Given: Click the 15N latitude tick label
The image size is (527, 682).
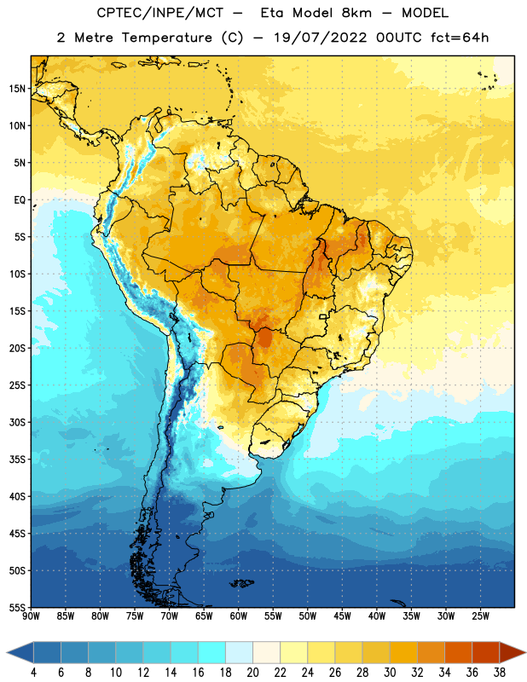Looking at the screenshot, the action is [x=17, y=89].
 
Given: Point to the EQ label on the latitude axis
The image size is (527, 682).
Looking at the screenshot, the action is [x=20, y=200].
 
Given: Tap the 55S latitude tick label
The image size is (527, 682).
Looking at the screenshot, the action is [x=17, y=607].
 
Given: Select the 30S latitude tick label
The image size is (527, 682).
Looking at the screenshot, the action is [x=17, y=422].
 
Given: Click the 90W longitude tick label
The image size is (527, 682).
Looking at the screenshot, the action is [x=31, y=616].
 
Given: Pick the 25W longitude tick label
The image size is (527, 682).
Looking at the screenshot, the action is [x=480, y=616].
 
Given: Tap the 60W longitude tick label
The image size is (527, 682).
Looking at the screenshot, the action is [x=239, y=616].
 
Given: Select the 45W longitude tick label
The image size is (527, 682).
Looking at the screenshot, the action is [x=342, y=616].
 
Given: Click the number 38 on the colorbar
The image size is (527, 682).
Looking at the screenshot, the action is [x=499, y=673].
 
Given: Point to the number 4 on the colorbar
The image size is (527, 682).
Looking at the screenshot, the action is [x=33, y=673].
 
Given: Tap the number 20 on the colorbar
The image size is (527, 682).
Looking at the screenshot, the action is [x=252, y=673].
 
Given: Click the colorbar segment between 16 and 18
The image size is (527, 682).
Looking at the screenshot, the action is [x=212, y=653].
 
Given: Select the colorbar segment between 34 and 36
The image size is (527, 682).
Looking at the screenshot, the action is [x=458, y=653].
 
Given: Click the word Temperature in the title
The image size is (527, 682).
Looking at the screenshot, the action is [x=166, y=38].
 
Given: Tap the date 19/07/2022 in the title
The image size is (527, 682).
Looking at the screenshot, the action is [x=321, y=38].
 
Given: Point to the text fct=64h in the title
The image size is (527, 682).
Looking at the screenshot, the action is [x=460, y=38].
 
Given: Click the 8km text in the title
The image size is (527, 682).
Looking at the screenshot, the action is [x=356, y=13].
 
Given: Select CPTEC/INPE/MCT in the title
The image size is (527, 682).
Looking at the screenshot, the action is [x=159, y=13].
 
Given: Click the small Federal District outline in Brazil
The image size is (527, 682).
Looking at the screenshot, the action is [x=323, y=316].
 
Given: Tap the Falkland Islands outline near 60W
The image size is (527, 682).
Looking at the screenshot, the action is [x=241, y=583].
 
